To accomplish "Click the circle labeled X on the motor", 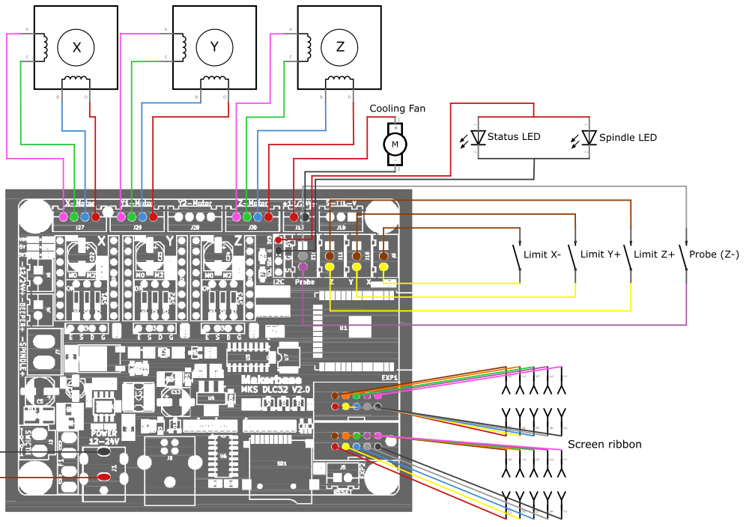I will tap(76, 47).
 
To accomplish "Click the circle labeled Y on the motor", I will tap(214, 47).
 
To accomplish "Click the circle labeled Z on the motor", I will tap(339, 47).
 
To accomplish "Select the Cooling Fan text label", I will tap(397, 109).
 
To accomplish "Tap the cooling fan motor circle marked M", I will tap(395, 144).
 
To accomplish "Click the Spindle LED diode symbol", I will tap(589, 138).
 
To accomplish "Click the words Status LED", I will tap(513, 137).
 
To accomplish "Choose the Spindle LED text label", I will tap(628, 138).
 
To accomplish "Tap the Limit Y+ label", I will tap(601, 255).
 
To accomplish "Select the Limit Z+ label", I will tap(655, 255).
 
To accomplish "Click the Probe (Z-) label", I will tap(714, 255).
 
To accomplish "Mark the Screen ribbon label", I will tap(604, 445).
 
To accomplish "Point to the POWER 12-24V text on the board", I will tap(104, 438).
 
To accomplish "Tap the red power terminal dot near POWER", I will tap(104, 476).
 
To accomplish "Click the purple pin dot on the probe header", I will tap(303, 266).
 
